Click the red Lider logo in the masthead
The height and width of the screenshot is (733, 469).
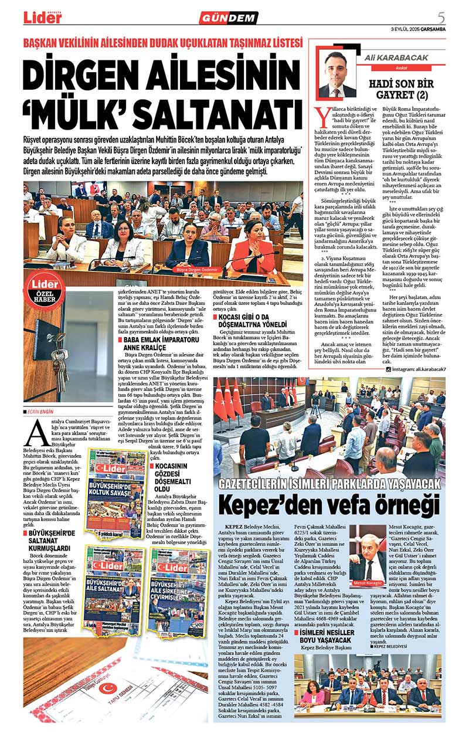42,18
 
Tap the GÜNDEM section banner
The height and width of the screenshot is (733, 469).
229,18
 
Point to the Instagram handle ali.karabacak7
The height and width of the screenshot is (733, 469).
419,369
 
